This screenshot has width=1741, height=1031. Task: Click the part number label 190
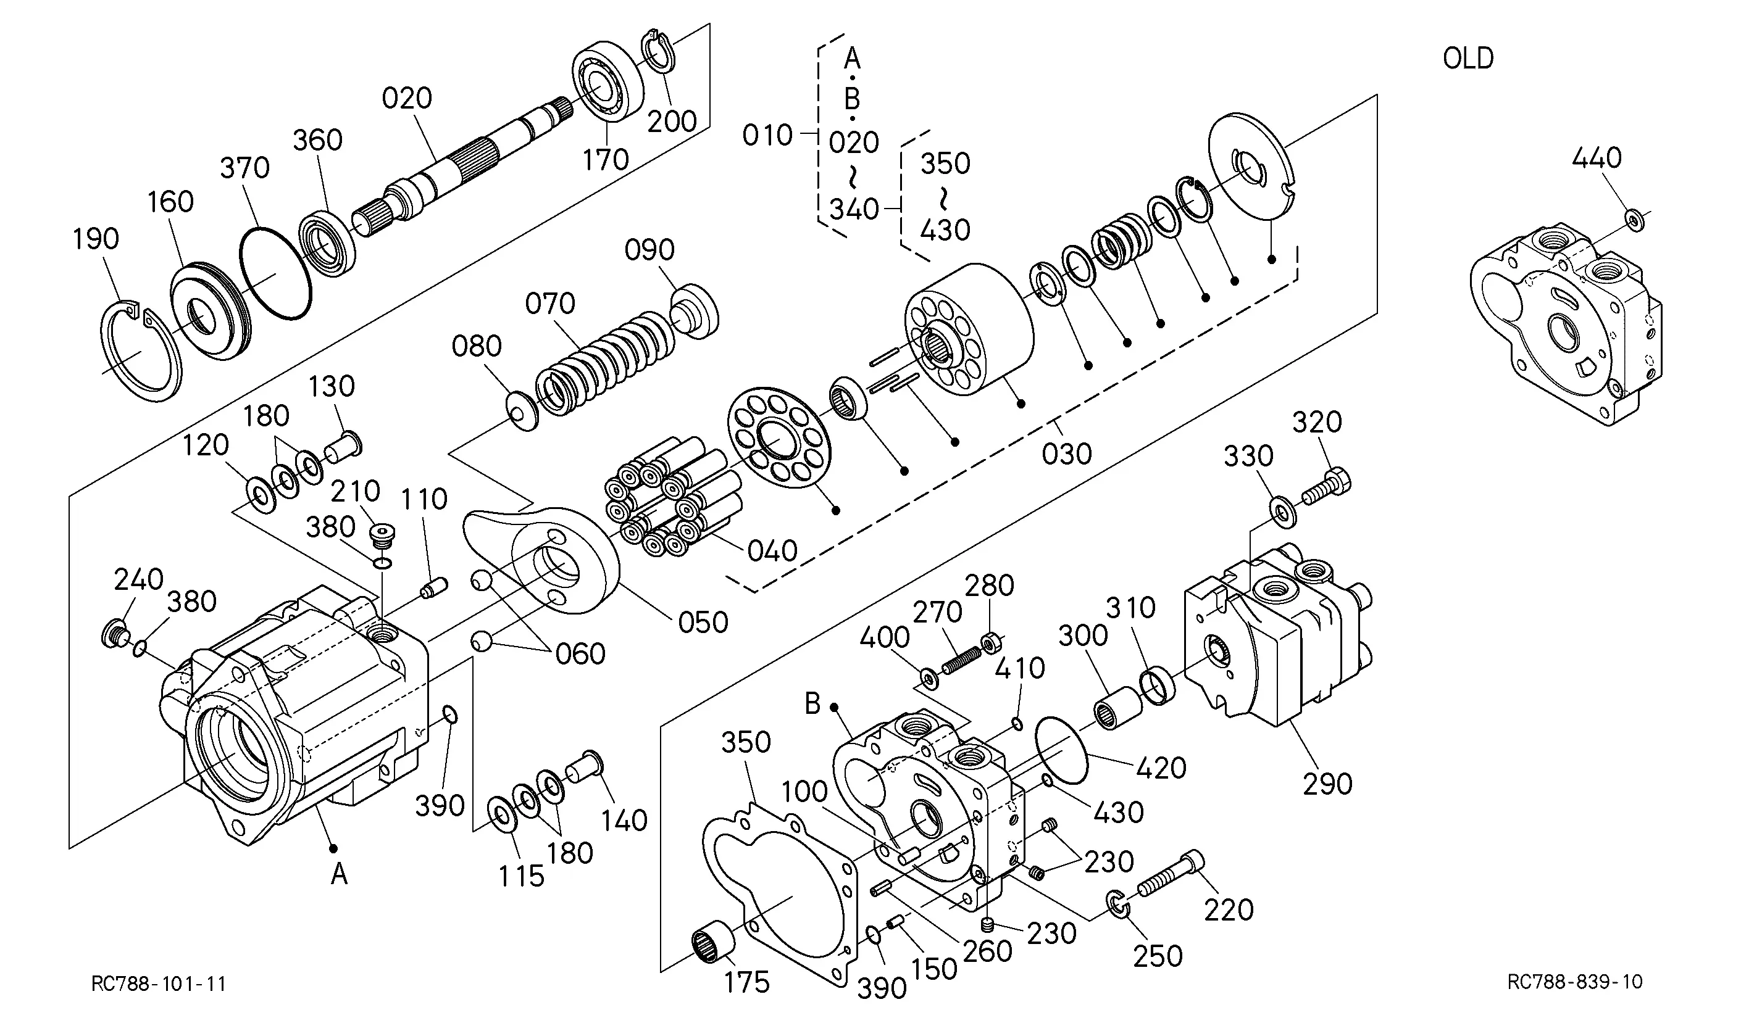(96, 239)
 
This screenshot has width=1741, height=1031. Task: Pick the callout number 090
(649, 250)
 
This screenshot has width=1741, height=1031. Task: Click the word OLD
(1468, 59)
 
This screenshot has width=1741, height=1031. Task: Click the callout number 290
(1327, 784)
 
